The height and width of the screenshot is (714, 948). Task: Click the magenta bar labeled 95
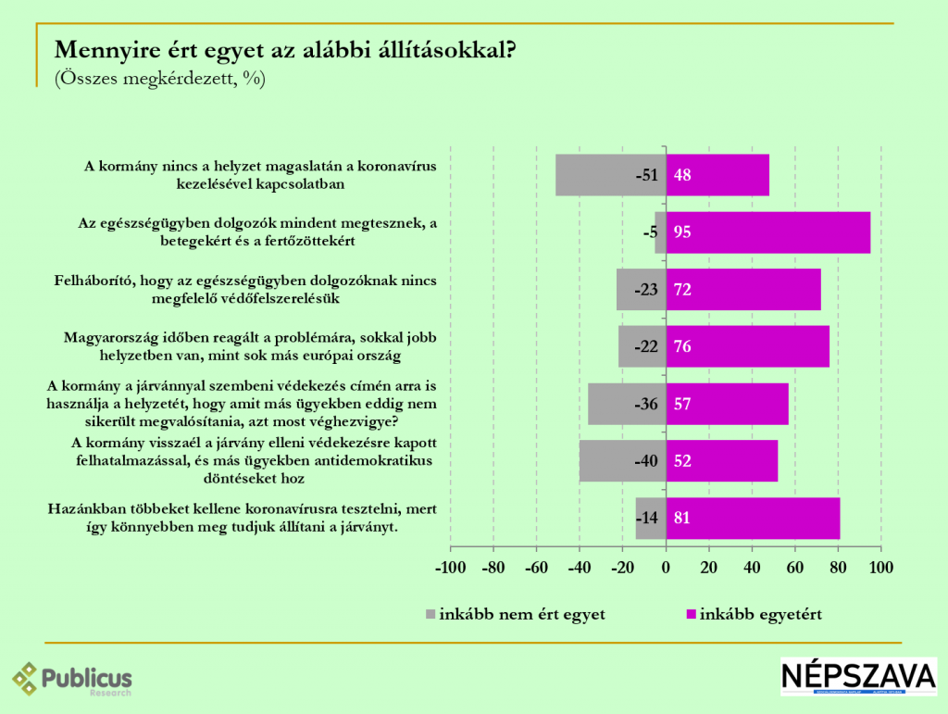(768, 232)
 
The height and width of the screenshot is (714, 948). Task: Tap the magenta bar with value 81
(753, 519)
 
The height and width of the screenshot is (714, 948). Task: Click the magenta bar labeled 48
(717, 175)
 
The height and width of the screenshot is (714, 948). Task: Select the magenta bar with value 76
(748, 347)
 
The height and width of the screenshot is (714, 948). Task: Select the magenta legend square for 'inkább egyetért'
(691, 614)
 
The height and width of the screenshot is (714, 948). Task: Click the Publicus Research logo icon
(26, 679)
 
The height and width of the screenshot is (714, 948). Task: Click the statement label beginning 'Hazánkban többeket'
(241, 519)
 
